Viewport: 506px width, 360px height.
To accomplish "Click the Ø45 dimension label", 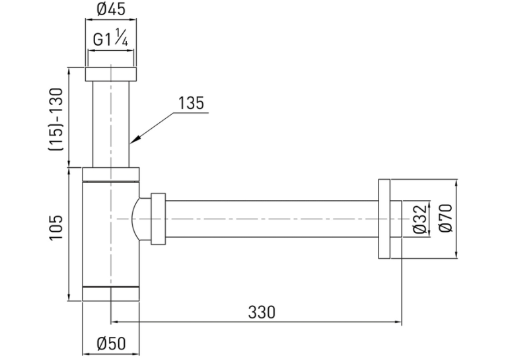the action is pyautogui.click(x=111, y=9).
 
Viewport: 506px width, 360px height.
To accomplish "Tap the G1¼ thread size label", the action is pyautogui.click(x=111, y=38).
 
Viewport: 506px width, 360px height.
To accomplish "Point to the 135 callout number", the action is pyautogui.click(x=191, y=103).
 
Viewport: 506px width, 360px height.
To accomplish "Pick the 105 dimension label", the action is pyautogui.click(x=55, y=227).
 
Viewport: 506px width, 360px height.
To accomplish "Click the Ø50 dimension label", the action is pyautogui.click(x=111, y=343).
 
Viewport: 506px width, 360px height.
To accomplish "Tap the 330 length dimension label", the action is pyautogui.click(x=262, y=312).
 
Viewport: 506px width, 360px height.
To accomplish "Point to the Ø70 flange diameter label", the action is pyautogui.click(x=447, y=218).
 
